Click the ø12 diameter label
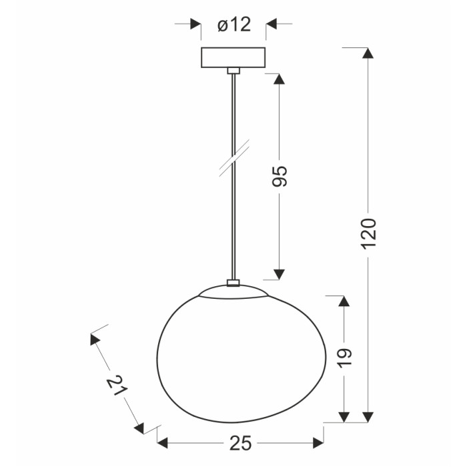point(234,25)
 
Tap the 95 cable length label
point(280,176)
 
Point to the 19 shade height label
point(345,358)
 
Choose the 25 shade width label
point(241,443)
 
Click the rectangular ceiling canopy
point(233,57)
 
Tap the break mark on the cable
point(234,158)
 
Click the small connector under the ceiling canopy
point(233,71)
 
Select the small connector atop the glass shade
point(233,283)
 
